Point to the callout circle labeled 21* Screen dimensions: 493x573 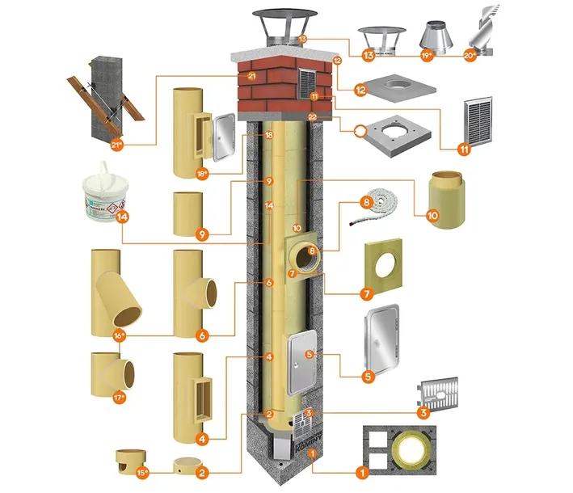[x=118, y=145]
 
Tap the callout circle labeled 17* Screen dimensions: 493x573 [x=122, y=397]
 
